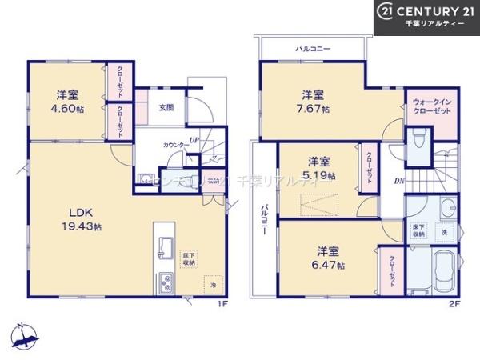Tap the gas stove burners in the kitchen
166,282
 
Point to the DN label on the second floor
398,181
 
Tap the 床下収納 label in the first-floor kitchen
189,258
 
